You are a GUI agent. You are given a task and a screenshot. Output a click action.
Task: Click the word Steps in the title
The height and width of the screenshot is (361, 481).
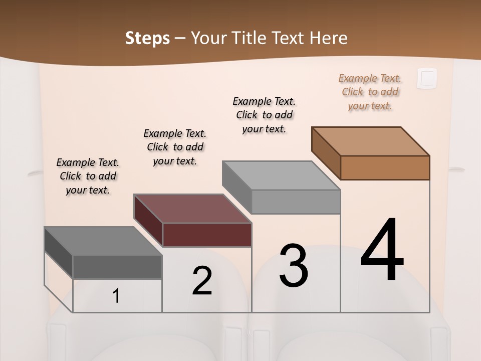point(147,38)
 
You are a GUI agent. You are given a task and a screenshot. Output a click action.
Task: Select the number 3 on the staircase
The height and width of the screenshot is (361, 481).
point(294,266)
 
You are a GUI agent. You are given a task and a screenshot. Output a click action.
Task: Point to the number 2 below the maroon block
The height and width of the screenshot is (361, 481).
point(202,281)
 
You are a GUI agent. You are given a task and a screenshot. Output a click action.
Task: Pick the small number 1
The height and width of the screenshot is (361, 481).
point(116,296)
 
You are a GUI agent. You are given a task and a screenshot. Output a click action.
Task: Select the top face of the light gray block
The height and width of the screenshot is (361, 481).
point(281,175)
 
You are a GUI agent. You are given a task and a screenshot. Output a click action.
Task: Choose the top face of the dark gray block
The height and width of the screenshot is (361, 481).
point(103,241)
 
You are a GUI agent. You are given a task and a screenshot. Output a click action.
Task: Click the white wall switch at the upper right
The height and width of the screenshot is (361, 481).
point(427,78)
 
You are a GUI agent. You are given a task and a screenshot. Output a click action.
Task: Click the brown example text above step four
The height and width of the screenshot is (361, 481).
point(370,92)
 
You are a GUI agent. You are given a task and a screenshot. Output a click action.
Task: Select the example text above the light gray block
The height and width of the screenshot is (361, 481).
point(264,115)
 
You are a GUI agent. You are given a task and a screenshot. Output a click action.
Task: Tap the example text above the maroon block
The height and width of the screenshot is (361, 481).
point(175,147)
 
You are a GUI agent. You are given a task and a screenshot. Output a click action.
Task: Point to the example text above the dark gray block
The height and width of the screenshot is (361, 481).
point(88,176)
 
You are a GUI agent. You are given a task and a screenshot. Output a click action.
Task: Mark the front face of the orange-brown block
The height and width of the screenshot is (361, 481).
point(385,167)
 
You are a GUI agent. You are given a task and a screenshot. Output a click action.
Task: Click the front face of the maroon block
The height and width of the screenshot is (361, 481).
point(207,235)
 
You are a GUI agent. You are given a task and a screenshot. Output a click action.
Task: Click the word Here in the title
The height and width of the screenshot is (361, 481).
point(328,38)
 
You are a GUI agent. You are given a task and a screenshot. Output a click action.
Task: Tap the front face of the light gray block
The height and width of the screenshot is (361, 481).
point(296,202)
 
